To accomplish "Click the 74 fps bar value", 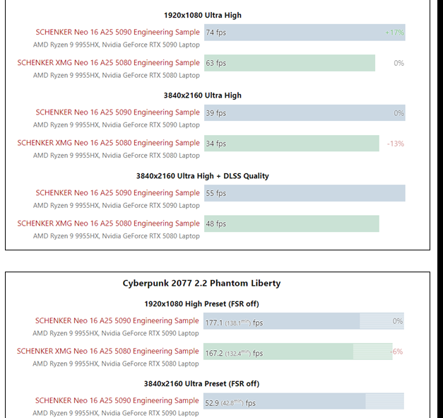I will click(216, 33).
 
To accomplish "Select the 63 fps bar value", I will click(216, 63).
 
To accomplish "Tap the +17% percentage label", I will click(395, 33).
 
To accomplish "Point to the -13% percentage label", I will click(395, 144).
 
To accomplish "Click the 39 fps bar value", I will click(216, 113).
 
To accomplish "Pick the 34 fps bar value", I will click(216, 144).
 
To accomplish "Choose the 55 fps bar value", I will click(216, 193).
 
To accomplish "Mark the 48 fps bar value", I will click(216, 223).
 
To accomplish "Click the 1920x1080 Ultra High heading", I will click(203, 15).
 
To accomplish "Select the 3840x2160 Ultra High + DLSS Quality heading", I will click(203, 176).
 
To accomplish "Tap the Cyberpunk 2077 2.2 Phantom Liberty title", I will click(202, 284).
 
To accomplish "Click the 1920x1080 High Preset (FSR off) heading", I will click(202, 303).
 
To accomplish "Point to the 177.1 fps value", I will click(234, 323).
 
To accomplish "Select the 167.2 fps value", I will click(234, 353).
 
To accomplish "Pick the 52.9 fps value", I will click(230, 403).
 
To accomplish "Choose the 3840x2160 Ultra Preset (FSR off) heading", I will click(202, 384).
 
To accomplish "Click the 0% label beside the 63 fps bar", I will click(398, 63).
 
